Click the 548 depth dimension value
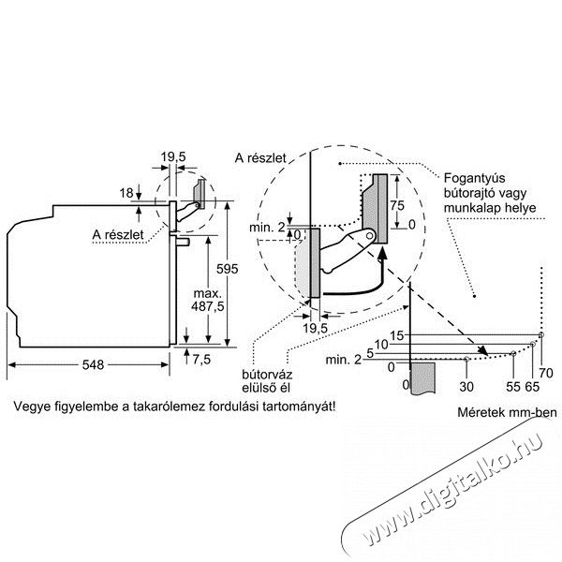(93, 365)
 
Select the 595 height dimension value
(228, 269)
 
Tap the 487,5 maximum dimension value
(208, 306)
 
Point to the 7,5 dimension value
(201, 360)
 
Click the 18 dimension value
(126, 193)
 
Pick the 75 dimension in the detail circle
(397, 205)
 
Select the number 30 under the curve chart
(466, 387)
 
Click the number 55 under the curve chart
(513, 387)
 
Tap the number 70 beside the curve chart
(546, 373)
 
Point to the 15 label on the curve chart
(396, 336)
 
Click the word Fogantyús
(474, 179)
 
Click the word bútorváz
(267, 375)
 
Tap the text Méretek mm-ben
(507, 412)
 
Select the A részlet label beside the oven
(118, 235)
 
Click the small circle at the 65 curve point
(533, 345)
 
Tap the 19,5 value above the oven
(173, 157)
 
